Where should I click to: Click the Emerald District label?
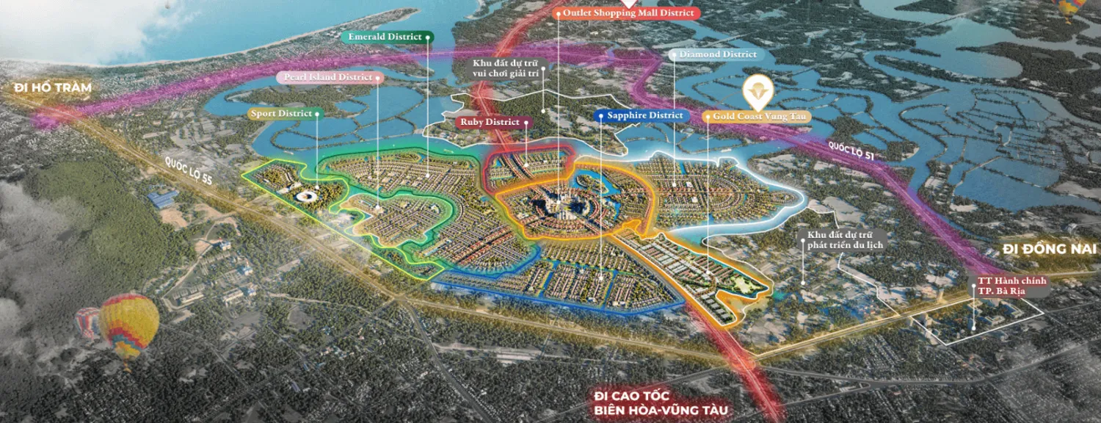386,37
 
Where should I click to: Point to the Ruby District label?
491,122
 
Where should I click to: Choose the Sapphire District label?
641,115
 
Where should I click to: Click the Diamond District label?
717,54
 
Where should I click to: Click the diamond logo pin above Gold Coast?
754,93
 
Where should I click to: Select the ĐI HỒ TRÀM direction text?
51,88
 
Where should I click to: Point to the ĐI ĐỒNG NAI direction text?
1050,250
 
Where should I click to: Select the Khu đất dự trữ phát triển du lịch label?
846,239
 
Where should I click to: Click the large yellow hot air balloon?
129,323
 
